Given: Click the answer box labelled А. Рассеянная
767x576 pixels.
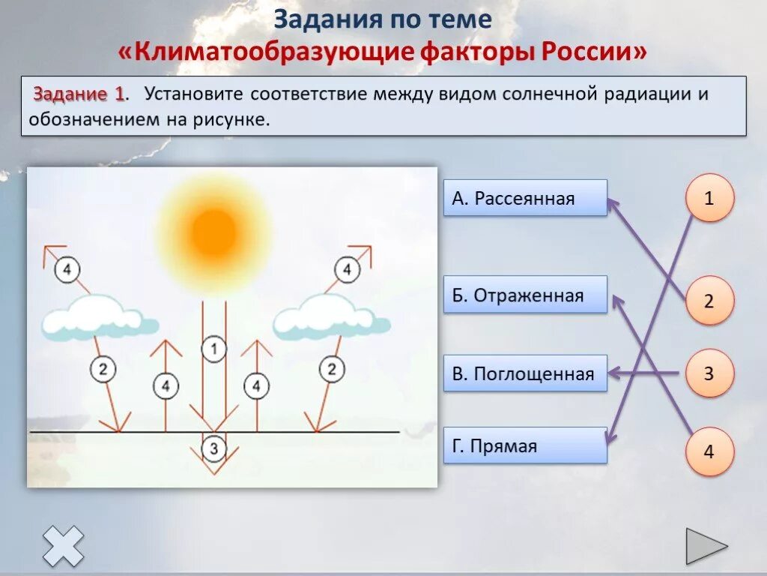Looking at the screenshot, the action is click(525, 198).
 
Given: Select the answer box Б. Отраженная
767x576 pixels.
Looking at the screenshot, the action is click(525, 295).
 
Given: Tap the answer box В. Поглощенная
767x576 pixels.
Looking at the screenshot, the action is click(525, 373).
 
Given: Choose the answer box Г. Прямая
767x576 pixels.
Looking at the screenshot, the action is click(525, 445).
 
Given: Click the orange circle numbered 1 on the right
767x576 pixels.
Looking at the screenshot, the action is click(709, 199).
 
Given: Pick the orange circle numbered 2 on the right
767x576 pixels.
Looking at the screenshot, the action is click(709, 301).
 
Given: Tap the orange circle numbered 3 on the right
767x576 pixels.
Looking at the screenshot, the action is click(709, 373).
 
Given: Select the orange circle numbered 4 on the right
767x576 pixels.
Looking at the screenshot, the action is click(709, 452).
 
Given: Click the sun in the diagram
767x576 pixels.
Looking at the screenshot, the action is click(214, 224).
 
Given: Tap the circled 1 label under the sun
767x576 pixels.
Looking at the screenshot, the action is click(214, 348).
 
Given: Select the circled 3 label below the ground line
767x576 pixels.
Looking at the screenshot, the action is click(214, 448).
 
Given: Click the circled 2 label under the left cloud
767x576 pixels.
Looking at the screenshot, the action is click(103, 368).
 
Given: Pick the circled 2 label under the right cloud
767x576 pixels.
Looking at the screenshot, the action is click(331, 368).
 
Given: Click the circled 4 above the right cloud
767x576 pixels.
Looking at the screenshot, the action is click(346, 268).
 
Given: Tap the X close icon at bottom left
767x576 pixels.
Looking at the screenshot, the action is click(63, 546).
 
